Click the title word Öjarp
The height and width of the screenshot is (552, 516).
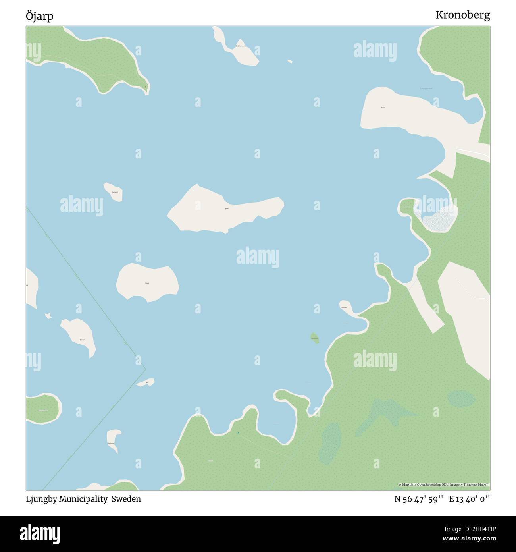(x=39, y=16)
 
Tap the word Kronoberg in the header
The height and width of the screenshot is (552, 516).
(x=462, y=15)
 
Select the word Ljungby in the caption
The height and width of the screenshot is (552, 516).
(x=41, y=499)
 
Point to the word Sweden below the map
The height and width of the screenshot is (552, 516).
(x=126, y=499)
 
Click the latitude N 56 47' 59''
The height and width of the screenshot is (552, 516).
(x=418, y=499)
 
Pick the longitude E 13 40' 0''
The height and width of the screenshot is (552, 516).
(x=470, y=499)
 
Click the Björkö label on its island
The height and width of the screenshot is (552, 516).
(x=82, y=340)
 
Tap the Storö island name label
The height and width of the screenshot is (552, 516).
(x=147, y=283)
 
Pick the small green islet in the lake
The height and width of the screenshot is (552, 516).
(x=315, y=338)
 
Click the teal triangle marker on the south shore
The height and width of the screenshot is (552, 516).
(x=238, y=432)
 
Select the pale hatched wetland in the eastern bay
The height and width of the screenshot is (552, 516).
(x=439, y=219)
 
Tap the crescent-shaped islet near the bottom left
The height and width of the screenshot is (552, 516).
(x=114, y=439)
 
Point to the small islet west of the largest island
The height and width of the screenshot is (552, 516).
(x=113, y=191)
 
